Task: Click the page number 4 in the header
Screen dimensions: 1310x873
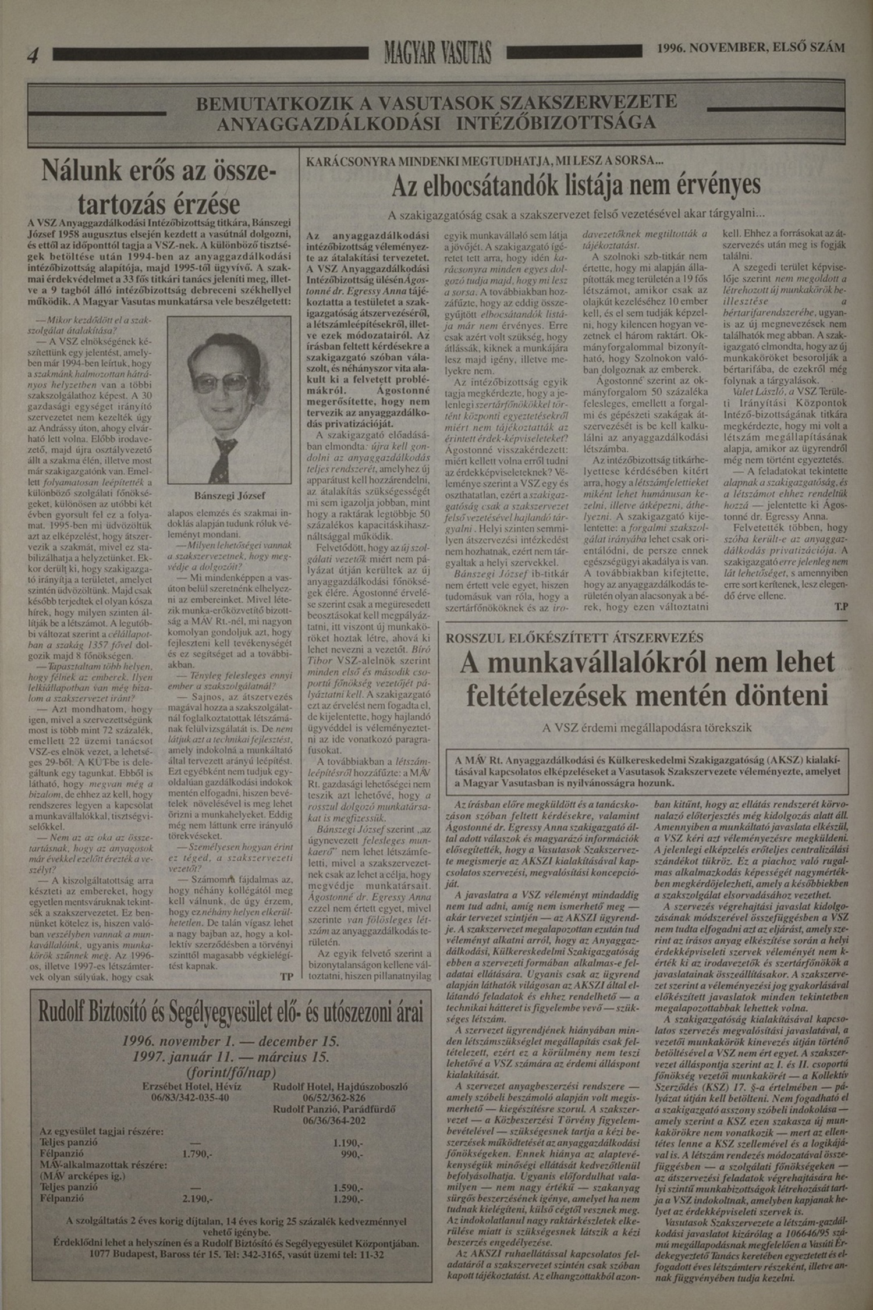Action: [33, 55]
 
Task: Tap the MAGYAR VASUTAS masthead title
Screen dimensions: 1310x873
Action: [437, 54]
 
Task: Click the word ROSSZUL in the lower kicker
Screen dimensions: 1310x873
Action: [478, 637]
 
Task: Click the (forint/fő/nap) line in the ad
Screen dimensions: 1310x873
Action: [230, 1072]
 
